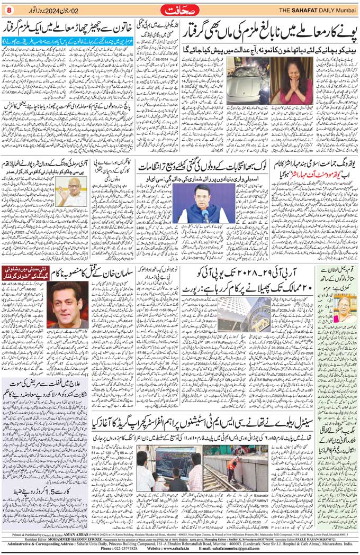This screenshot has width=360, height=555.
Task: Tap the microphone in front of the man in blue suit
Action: pos(205,215)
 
